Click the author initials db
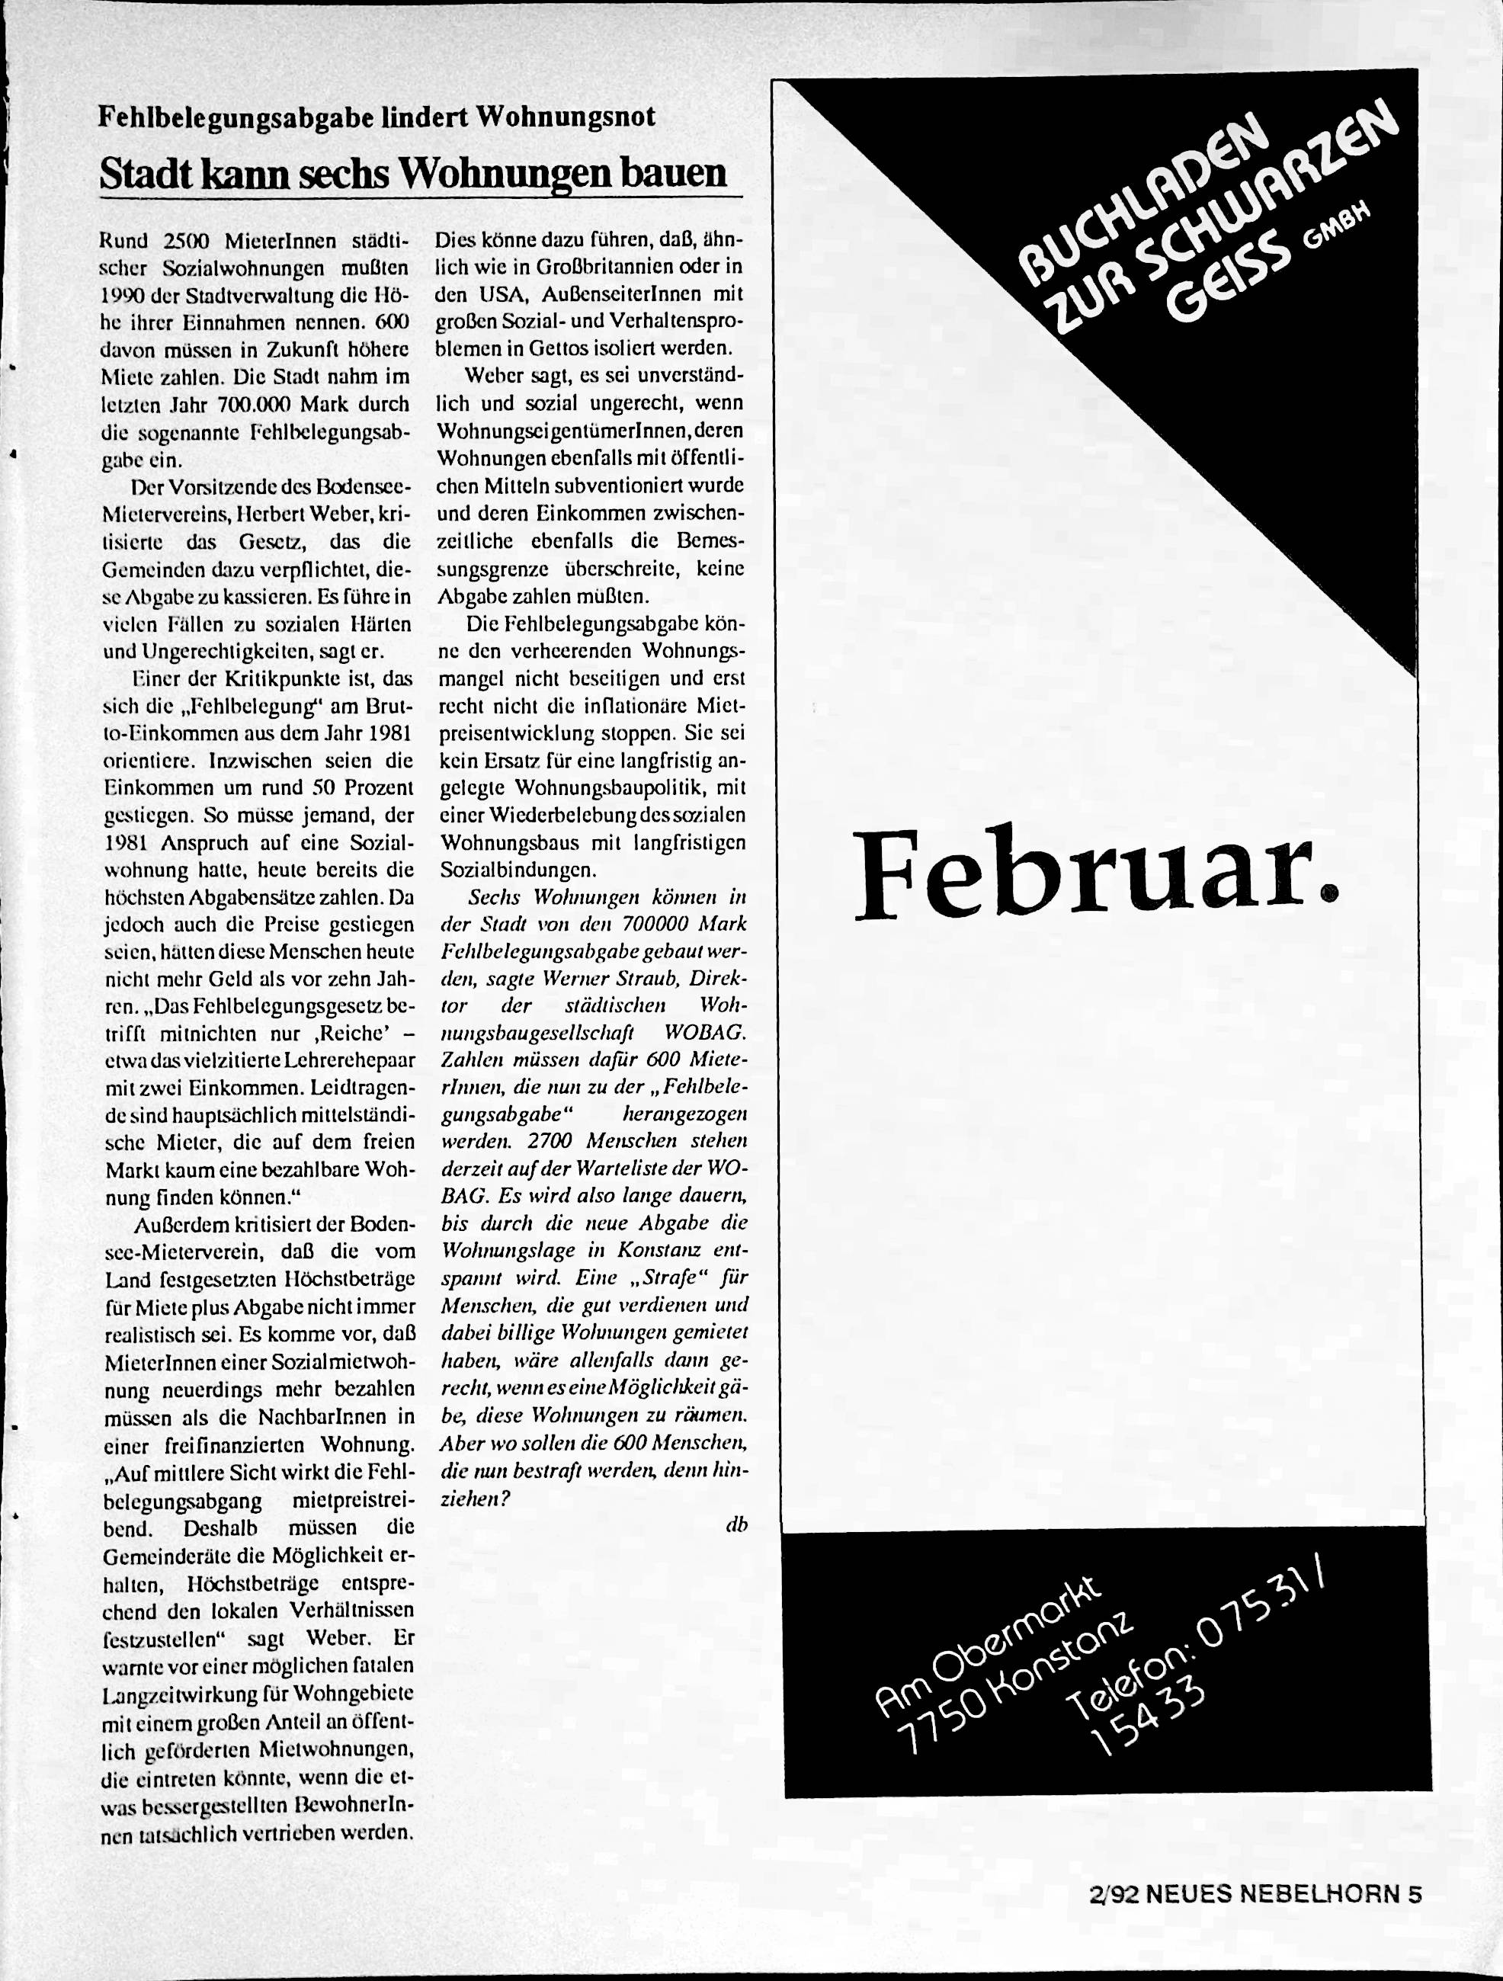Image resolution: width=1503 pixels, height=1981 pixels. (x=736, y=1524)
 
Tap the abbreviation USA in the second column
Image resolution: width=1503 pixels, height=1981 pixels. (x=492, y=295)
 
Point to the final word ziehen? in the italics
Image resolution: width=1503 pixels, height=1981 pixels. (x=475, y=1499)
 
